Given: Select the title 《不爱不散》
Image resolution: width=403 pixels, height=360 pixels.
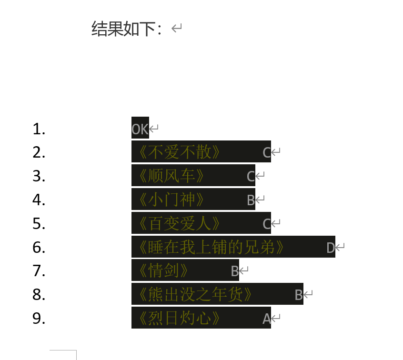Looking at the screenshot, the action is coord(179,152).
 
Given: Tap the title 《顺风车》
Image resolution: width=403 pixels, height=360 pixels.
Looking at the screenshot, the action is coord(171,176).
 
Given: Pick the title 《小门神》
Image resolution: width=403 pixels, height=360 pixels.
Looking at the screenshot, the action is coord(171,200).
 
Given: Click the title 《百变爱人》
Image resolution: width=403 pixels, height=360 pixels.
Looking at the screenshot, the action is coord(179,223).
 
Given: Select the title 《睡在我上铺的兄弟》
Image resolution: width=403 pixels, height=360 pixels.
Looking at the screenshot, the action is coord(211,247).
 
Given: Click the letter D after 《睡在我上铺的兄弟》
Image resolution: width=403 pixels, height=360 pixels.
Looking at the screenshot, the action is coord(331,248).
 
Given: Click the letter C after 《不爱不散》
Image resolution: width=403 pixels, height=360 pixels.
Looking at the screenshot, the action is coord(267,153).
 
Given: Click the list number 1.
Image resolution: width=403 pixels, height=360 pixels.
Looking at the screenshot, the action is coord(39,129).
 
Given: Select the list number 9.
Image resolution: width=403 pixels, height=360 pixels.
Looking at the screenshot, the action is coord(39,319).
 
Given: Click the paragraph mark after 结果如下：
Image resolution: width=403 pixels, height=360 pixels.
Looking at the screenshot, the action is coord(177,29).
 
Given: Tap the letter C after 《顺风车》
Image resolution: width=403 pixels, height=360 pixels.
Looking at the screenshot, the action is coord(251,177).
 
